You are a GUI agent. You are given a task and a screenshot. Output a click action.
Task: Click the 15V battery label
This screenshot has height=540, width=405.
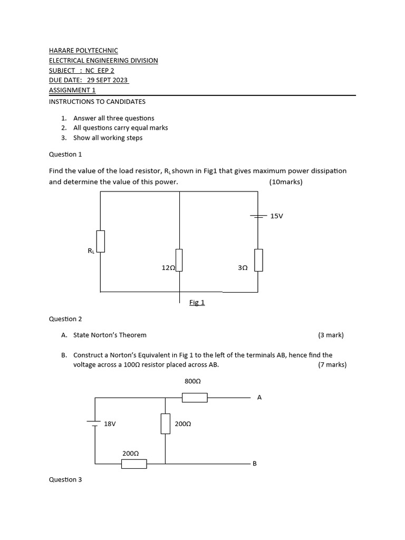pos(276,216)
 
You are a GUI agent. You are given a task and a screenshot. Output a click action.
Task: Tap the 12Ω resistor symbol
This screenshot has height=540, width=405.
pos(179,259)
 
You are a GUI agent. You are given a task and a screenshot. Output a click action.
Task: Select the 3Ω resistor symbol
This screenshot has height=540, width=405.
pos(258,259)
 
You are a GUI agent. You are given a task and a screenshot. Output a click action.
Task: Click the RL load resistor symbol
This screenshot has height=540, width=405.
pos(101,241)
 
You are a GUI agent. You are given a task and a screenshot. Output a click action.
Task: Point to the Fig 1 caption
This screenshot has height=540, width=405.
pos(197,302)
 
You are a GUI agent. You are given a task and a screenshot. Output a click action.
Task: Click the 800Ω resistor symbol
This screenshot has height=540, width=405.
pos(195,397)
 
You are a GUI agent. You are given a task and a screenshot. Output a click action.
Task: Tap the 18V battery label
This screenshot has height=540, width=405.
pos(110,423)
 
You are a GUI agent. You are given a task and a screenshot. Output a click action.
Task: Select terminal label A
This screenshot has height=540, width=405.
pos(259,398)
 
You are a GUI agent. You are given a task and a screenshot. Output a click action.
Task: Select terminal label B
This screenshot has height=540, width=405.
pos(255,464)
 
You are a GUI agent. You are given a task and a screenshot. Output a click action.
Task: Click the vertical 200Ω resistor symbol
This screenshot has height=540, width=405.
pos(166,423)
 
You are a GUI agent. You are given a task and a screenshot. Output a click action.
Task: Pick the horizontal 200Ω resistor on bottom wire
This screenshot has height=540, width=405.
pos(134,464)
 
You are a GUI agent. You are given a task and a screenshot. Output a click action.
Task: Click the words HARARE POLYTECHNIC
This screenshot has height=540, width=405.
pos(83,50)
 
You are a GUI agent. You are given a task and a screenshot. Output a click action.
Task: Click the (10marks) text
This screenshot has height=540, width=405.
pos(286,182)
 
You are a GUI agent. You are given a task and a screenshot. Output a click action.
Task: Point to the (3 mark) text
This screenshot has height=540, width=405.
pos(331,335)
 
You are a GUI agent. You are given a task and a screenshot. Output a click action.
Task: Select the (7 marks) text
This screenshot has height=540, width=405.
pos(332,364)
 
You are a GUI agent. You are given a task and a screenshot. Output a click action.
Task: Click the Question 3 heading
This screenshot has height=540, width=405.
pos(65,479)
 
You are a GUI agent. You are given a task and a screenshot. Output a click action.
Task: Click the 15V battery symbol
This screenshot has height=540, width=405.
pos(258,216)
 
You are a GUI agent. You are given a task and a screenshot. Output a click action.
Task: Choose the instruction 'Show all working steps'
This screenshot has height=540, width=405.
pos(108,138)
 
